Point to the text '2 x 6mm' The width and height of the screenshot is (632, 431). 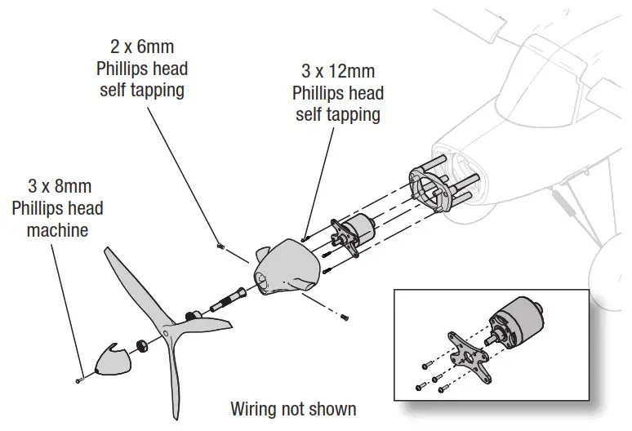point(141,48)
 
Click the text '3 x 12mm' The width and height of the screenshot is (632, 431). point(337,73)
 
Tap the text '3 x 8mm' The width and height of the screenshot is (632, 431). point(56,187)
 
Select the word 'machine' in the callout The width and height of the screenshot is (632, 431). point(56,229)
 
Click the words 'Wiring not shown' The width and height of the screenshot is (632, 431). point(293,407)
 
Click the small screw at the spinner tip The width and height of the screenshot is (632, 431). point(80,378)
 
